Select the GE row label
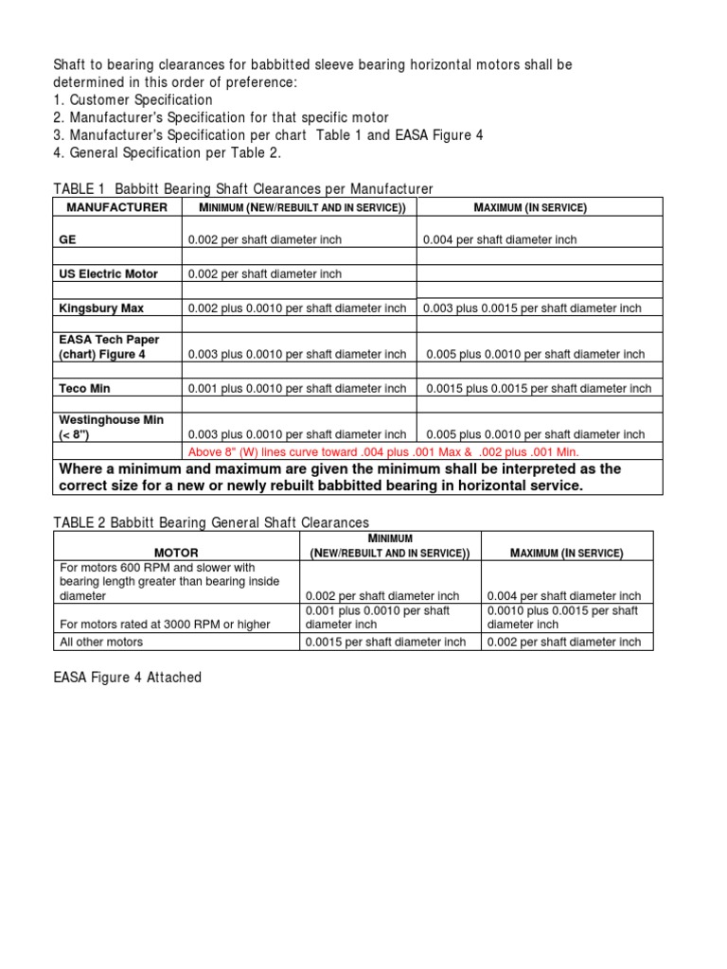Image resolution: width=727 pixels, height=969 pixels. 67,240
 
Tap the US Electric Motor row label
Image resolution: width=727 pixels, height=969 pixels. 108,274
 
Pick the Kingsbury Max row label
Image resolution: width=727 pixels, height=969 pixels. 101,308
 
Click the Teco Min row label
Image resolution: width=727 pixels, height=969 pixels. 85,388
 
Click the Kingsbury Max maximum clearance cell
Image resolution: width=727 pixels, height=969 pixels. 532,308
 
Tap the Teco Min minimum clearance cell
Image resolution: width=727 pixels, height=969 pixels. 297,388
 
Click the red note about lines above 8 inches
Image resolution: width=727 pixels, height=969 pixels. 383,451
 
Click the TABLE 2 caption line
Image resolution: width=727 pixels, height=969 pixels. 211,522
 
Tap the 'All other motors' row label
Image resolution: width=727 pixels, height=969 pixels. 101,642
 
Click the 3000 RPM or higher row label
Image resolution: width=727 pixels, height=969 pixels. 164,623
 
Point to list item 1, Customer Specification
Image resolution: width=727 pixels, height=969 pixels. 132,99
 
